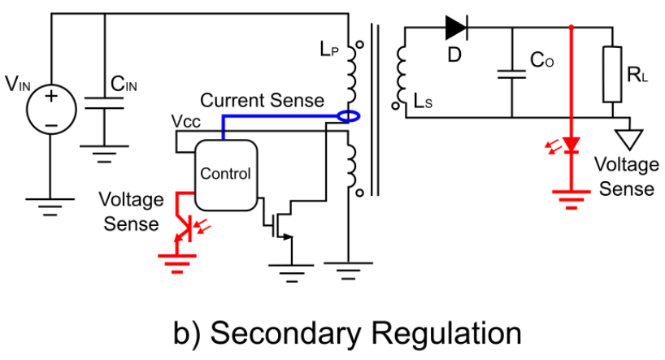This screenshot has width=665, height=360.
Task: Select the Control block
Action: tap(225, 173)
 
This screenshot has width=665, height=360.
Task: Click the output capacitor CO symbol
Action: tap(511, 74)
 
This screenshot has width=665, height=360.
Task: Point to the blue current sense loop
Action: tap(347, 117)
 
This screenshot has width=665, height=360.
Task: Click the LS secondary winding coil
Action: tap(399, 74)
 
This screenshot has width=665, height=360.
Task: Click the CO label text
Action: tap(542, 60)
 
